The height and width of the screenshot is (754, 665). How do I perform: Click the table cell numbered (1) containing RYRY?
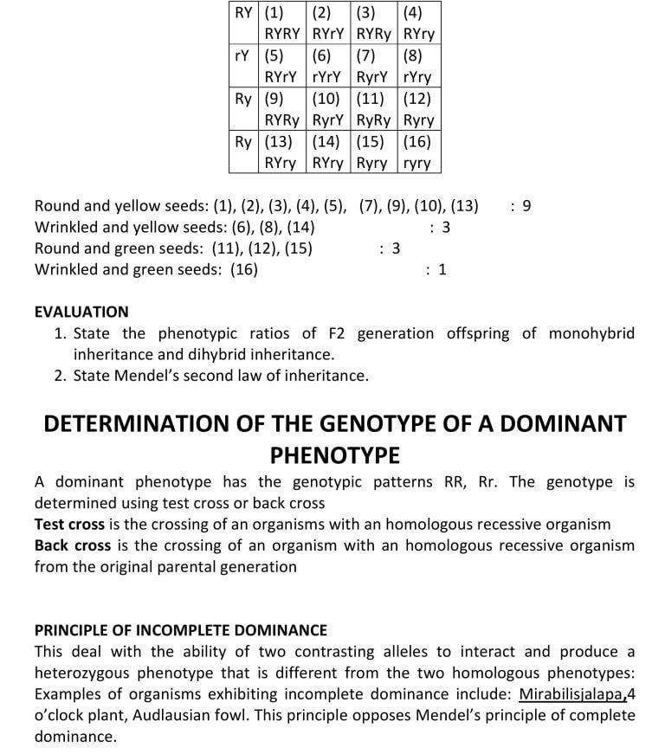pyautogui.click(x=282, y=24)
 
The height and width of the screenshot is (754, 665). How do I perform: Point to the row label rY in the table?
pyautogui.click(x=243, y=56)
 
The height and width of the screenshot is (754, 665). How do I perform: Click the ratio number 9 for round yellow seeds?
pyautogui.click(x=526, y=206)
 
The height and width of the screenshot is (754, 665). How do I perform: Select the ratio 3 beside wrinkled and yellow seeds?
pyautogui.click(x=446, y=228)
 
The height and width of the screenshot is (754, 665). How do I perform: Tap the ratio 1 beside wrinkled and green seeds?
pyautogui.click(x=442, y=270)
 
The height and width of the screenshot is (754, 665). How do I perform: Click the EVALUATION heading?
pyautogui.click(x=81, y=312)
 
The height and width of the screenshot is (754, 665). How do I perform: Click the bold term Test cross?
pyautogui.click(x=69, y=525)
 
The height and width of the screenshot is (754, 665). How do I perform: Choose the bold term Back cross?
pyautogui.click(x=73, y=545)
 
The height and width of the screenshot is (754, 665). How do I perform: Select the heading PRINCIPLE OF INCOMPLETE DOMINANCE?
pyautogui.click(x=181, y=630)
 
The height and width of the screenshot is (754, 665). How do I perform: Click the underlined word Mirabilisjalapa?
pyautogui.click(x=572, y=694)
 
